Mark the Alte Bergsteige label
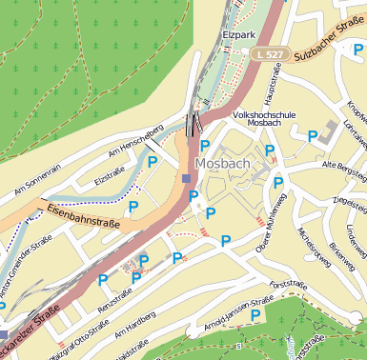point(344,166)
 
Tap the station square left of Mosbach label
point(186,177)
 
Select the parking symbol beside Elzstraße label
point(153,163)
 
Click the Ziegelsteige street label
point(347,201)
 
